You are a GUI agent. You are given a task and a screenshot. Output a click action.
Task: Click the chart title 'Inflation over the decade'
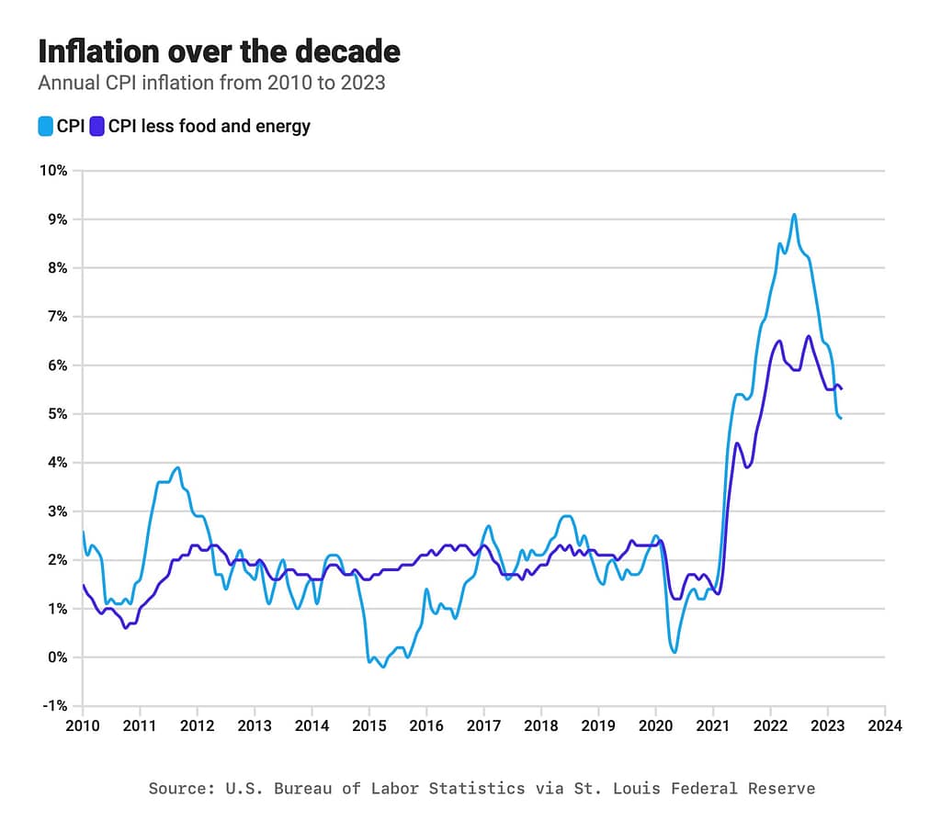pyautogui.click(x=219, y=51)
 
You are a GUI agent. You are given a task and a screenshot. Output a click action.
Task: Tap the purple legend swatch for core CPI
pyautogui.click(x=97, y=127)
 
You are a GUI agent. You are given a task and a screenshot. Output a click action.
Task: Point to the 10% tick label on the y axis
pyautogui.click(x=51, y=171)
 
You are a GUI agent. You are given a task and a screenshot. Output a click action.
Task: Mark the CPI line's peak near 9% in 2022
pyautogui.click(x=794, y=215)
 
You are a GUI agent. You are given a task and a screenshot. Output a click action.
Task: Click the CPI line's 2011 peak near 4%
pyautogui.click(x=178, y=467)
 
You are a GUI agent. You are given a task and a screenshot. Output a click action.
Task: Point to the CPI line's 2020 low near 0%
pyautogui.click(x=675, y=652)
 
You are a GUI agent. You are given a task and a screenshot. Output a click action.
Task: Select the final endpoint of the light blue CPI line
pyautogui.click(x=841, y=418)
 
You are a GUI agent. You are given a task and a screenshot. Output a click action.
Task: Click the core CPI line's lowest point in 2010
pyautogui.click(x=126, y=627)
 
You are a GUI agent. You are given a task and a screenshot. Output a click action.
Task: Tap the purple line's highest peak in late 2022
pyautogui.click(x=809, y=336)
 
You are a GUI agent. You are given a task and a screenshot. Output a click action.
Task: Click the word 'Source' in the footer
pyautogui.click(x=173, y=788)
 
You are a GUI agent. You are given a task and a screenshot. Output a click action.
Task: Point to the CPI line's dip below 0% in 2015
pyautogui.click(x=383, y=666)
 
